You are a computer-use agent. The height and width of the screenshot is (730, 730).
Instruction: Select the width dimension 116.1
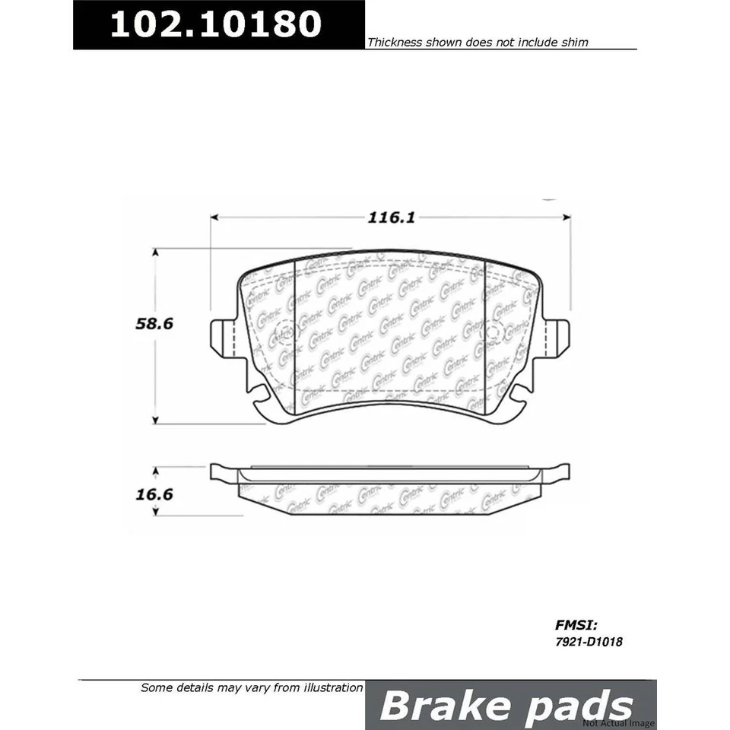pos(390,217)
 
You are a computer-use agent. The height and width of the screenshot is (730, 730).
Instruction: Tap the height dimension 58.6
pos(155,323)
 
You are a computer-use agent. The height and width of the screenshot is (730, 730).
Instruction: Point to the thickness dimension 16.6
pos(155,494)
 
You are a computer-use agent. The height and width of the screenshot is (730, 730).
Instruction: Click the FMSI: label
pos(571,627)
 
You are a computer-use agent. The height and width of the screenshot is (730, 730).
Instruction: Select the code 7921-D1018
pos(590,642)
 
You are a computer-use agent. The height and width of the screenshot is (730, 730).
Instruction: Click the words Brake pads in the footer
pos(506,706)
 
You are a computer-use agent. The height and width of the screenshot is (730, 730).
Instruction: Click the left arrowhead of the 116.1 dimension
pos(214,217)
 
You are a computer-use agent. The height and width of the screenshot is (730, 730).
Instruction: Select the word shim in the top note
pos(576,43)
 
